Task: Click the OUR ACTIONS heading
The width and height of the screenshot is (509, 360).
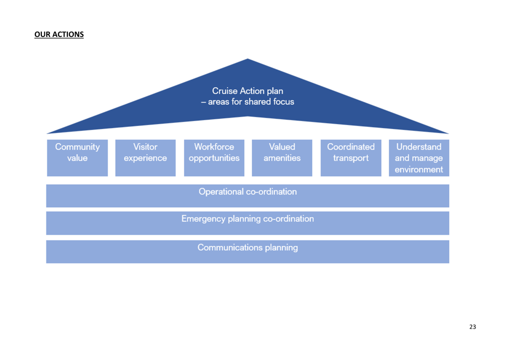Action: point(59,34)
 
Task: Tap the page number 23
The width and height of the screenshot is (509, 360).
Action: point(473,327)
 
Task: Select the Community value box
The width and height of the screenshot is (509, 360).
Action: point(77,158)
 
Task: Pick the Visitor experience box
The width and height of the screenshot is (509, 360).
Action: point(146,158)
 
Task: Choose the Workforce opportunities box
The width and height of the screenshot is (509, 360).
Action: point(214,158)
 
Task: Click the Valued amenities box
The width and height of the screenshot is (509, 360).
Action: point(282,158)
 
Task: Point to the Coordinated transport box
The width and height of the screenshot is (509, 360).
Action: point(351,158)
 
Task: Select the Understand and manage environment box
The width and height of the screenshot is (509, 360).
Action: point(419,158)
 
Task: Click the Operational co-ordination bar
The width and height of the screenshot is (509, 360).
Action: point(248,196)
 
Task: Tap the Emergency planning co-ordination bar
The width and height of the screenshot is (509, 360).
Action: point(248,223)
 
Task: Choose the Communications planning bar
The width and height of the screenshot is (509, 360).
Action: point(248,252)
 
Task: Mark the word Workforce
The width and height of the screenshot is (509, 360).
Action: point(214,147)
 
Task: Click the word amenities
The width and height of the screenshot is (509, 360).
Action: point(282,158)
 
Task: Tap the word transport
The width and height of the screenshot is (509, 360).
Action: point(351,159)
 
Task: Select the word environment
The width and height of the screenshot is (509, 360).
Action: point(419,170)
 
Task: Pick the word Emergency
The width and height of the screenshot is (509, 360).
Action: point(203,219)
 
